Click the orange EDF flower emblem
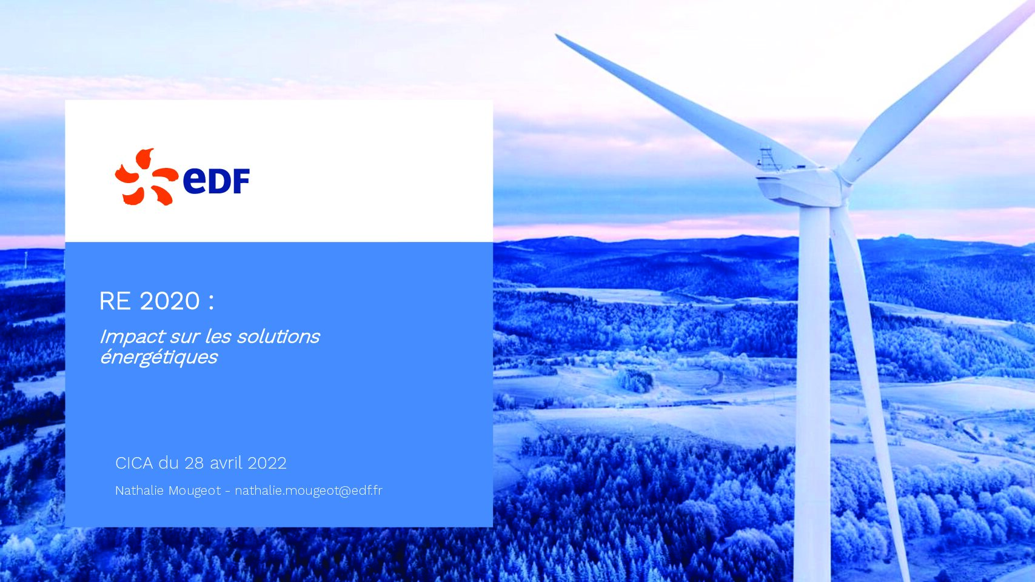[146, 177]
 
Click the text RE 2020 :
[156, 301]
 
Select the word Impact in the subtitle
[132, 337]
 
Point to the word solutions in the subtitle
[278, 336]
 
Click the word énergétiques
[158, 357]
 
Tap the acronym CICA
[134, 463]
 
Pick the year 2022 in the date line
[267, 463]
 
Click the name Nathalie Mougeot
[168, 490]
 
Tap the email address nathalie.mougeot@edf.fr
[309, 490]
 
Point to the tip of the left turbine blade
[558, 36]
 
